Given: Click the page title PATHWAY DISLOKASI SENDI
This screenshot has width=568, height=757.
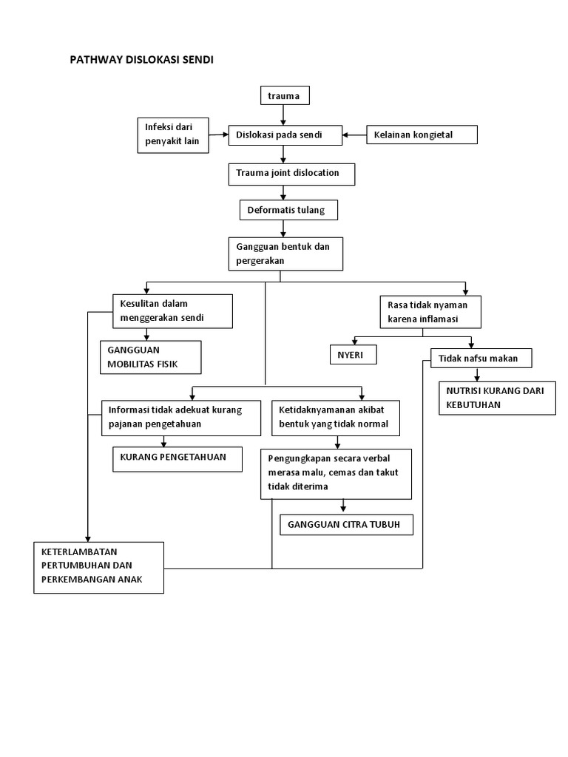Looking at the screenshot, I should tap(141, 61).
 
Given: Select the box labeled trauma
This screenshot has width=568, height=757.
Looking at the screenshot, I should tap(284, 96).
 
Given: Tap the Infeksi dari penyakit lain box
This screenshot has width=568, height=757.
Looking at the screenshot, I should tap(173, 135).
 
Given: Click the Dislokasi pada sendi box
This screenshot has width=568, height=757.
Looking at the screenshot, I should tap(285, 135).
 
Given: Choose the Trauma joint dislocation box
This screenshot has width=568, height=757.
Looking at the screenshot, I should tap(291, 174).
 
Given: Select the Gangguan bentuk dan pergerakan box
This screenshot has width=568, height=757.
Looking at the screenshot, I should tap(285, 254).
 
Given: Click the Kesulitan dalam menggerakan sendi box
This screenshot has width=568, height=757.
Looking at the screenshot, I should tap(172, 310).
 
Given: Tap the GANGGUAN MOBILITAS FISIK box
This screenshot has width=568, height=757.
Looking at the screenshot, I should tap(150, 357).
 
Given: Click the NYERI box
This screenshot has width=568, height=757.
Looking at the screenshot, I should tap(353, 355).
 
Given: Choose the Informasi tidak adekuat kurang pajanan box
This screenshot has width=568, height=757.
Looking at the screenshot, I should tap(181, 418).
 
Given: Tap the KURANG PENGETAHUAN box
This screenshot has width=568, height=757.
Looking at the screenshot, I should tap(177, 458).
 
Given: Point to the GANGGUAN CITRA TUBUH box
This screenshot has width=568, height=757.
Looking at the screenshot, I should tap(345, 524).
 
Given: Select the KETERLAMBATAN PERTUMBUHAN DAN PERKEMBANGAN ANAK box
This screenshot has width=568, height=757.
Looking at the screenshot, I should tap(98, 567).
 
